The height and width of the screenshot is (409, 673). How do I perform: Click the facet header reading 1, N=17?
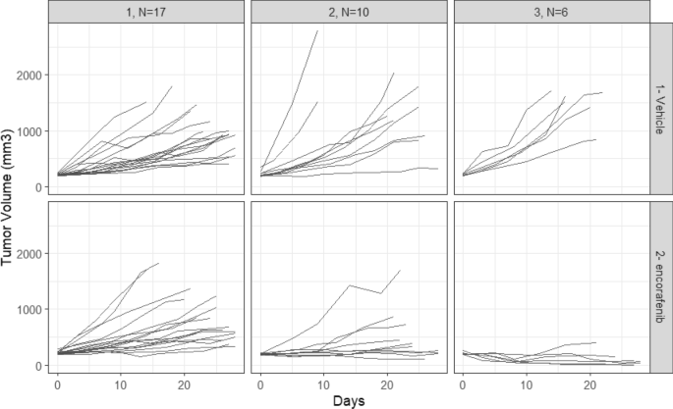click(x=143, y=11)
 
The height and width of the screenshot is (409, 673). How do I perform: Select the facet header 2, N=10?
click(x=347, y=11)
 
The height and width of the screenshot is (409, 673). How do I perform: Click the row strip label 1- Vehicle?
click(x=662, y=109)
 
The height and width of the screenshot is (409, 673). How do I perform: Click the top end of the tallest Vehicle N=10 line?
click(x=317, y=30)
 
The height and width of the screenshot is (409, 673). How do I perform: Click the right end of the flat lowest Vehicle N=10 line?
click(x=438, y=169)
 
